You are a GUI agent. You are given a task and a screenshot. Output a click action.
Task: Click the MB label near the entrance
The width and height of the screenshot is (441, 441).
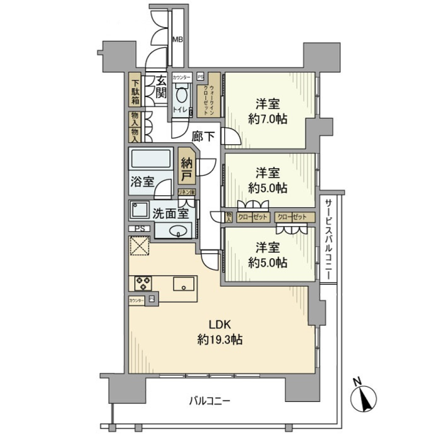pyautogui.click(x=177, y=40)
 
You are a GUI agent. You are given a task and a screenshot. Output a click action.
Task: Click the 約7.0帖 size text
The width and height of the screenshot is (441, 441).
pyautogui.click(x=268, y=119)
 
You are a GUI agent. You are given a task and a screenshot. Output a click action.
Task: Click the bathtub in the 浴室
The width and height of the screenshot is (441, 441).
pyautogui.click(x=151, y=159)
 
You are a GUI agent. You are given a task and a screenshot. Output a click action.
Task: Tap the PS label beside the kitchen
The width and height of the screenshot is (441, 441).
pyautogui.click(x=139, y=228)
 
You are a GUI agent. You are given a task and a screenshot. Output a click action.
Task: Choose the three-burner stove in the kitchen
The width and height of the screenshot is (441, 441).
pyautogui.click(x=143, y=283)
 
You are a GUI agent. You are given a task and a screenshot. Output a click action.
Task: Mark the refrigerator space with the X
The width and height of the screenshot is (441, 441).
pyautogui.click(x=140, y=246)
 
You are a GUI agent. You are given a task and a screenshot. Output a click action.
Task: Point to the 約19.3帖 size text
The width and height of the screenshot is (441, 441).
pyautogui.click(x=220, y=340)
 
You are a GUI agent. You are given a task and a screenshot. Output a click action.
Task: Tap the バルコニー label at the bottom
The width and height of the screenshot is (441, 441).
pyautogui.click(x=209, y=401)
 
